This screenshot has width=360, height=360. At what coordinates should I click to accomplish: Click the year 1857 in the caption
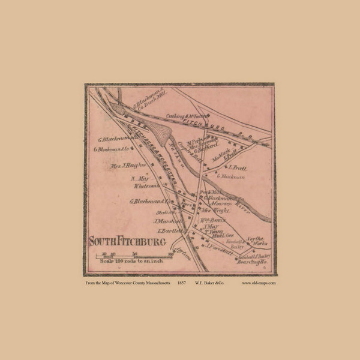coord(182,283)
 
